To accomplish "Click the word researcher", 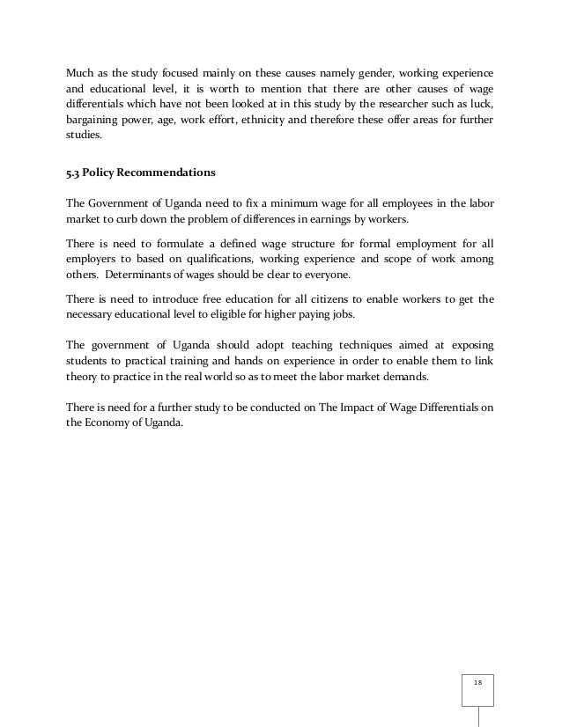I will (x=401, y=104).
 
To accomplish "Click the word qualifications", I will (x=215, y=260).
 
